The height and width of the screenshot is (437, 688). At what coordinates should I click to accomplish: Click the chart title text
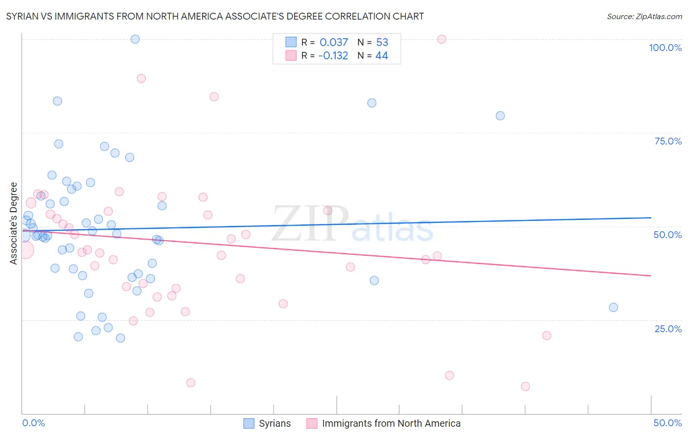pyautogui.click(x=215, y=16)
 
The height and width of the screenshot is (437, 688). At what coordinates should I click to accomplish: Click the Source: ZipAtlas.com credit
pyautogui.click(x=644, y=16)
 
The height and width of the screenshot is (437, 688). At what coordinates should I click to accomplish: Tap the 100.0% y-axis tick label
pyautogui.click(x=665, y=48)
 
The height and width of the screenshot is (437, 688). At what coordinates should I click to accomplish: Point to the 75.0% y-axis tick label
pyautogui.click(x=668, y=141)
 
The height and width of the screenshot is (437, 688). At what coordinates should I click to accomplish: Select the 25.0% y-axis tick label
pyautogui.click(x=668, y=329)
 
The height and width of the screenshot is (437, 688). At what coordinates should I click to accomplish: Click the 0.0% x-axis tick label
pyautogui.click(x=33, y=423)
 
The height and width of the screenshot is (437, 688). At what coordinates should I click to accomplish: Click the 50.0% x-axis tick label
pyautogui.click(x=667, y=423)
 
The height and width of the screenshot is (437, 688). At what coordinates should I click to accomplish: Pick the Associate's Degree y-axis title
pyautogui.click(x=14, y=223)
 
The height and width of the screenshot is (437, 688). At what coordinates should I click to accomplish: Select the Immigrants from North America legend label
pyautogui.click(x=391, y=423)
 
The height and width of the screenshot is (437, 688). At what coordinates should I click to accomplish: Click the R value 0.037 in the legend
pyautogui.click(x=334, y=43)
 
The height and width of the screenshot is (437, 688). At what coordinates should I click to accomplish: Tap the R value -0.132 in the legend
pyautogui.click(x=333, y=56)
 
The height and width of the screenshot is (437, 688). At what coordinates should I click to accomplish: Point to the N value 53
pyautogui.click(x=382, y=43)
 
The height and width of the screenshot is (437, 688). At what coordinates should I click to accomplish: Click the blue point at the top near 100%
pyautogui.click(x=135, y=39)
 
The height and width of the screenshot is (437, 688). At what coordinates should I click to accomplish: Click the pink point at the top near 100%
pyautogui.click(x=441, y=39)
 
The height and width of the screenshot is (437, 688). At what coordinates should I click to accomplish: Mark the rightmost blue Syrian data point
pyautogui.click(x=613, y=308)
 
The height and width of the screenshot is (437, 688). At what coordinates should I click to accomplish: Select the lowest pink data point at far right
pyautogui.click(x=525, y=387)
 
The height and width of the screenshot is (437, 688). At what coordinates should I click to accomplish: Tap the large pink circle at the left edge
pyautogui.click(x=25, y=250)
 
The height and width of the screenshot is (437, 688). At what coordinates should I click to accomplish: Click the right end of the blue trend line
pyautogui.click(x=651, y=218)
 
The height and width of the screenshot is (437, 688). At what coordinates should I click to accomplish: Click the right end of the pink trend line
pyautogui.click(x=651, y=276)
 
